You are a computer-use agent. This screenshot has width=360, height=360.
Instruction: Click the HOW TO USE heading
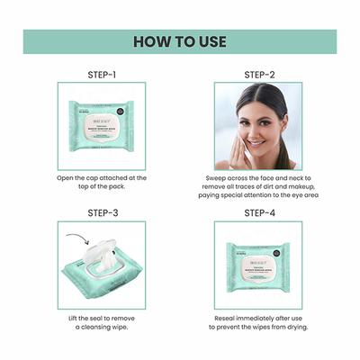pyautogui.click(x=179, y=41)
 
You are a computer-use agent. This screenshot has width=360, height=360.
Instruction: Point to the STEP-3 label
pyautogui.click(x=101, y=212)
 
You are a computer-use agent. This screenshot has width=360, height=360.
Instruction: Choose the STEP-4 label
pyautogui.click(x=258, y=212)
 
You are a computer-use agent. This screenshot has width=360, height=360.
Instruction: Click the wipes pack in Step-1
pyautogui.click(x=101, y=125)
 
